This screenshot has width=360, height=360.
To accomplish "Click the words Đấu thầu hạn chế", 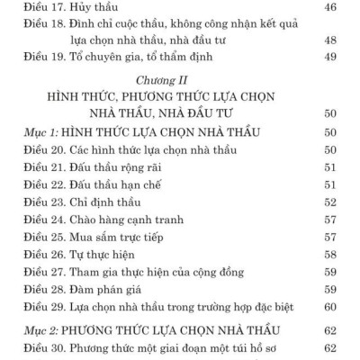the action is click(x=123, y=189).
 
